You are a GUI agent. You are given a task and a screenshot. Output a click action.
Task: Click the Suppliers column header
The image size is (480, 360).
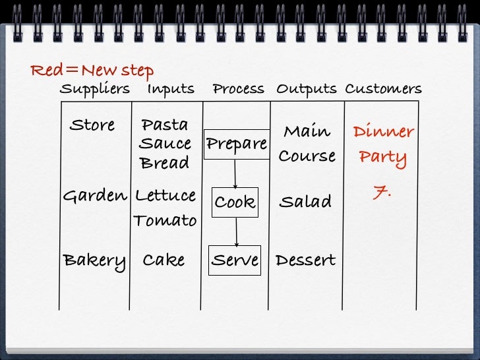pyautogui.click(x=94, y=89)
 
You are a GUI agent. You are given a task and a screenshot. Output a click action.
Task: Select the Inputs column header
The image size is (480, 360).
pyautogui.click(x=171, y=89)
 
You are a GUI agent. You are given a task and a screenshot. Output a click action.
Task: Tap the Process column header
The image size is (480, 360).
pyautogui.click(x=238, y=89)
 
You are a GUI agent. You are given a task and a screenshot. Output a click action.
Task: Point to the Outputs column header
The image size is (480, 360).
pyautogui.click(x=306, y=89)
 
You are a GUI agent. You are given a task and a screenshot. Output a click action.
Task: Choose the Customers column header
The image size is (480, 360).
pyautogui.click(x=383, y=89)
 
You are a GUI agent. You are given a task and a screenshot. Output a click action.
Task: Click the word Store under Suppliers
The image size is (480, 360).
pyautogui.click(x=92, y=125)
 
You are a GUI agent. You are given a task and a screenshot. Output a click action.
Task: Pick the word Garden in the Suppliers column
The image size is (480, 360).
pyautogui.click(x=94, y=196)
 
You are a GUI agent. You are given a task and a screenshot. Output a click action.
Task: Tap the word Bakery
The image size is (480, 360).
pyautogui.click(x=94, y=260)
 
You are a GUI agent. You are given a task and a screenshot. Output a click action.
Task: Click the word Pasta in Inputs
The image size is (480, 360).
pyautogui.click(x=164, y=125)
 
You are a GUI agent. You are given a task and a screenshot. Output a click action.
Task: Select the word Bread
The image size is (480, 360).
pyautogui.click(x=164, y=162)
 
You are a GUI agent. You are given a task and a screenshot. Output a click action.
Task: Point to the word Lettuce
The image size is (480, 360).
pyautogui.click(x=165, y=196)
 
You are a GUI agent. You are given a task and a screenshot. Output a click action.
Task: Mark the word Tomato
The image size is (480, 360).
pyautogui.click(x=165, y=220)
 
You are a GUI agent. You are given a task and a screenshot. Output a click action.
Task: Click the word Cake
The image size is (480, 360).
pyautogui.click(x=164, y=260)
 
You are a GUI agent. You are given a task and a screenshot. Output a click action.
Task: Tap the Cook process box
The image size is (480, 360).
pyautogui.click(x=235, y=202)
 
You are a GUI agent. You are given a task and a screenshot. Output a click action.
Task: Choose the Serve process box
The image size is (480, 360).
pyautogui.click(x=235, y=260)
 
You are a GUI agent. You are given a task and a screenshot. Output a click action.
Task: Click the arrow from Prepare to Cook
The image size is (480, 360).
pyautogui.click(x=235, y=174)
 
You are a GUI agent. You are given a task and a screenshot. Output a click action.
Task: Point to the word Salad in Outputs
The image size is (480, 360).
pyautogui.click(x=305, y=202)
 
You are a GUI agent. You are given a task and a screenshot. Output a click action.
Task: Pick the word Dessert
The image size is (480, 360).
pyautogui.click(x=305, y=260)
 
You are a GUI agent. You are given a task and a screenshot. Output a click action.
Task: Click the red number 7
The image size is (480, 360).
pyautogui.click(x=382, y=193)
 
